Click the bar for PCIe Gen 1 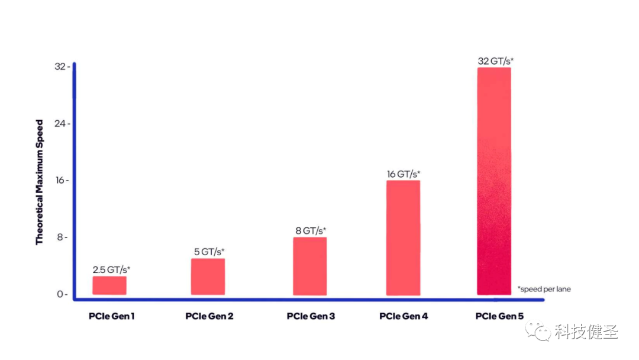point(109,285)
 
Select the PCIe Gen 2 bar point(208,277)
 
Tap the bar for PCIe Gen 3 point(309,266)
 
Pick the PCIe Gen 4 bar point(403,237)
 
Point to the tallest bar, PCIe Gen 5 point(494,181)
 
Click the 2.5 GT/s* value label point(111,269)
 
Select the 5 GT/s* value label point(209,252)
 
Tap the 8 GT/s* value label point(311,231)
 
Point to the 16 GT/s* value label point(404,174)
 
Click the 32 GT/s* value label point(496,61)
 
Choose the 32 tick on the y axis point(62,66)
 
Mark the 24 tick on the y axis point(62,124)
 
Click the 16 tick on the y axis point(62,180)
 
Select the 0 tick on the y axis point(62,294)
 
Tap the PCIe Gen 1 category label point(112,316)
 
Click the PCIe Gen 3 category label point(311,316)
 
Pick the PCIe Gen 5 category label point(499,316)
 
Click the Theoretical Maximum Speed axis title point(39,182)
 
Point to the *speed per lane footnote point(544,289)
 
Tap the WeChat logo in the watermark point(538,330)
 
